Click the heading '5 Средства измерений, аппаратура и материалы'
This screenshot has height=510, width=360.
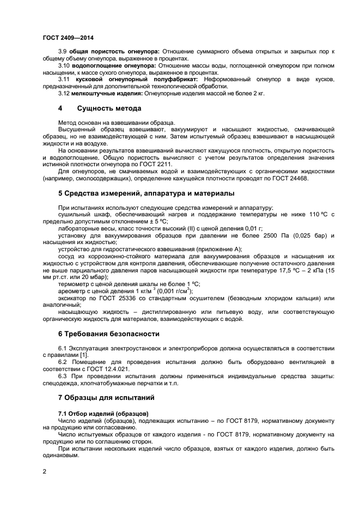(147, 193)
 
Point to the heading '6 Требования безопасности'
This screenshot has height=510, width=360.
(109, 333)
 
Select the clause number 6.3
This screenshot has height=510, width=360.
(63, 376)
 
